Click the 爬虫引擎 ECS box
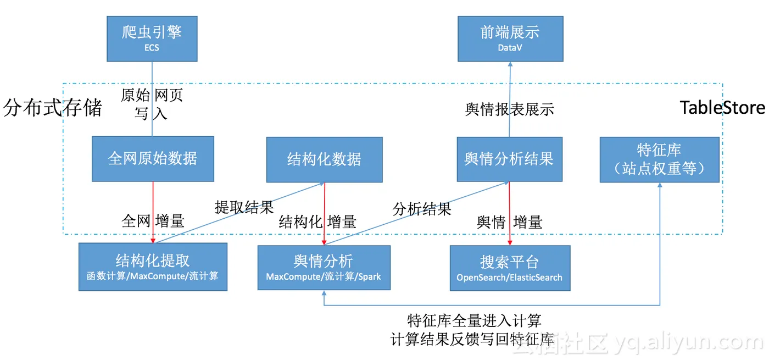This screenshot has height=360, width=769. point(152,38)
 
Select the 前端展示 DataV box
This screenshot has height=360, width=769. point(510,38)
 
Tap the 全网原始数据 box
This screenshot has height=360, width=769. point(153,159)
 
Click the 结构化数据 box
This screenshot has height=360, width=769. point(324,160)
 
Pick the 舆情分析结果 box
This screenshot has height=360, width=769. point(509,159)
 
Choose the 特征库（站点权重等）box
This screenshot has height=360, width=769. point(659,159)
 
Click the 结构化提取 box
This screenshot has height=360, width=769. point(153,267)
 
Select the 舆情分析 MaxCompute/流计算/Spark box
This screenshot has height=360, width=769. point(324,268)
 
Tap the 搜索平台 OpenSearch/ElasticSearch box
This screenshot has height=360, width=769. point(510,268)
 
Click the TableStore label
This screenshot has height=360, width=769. point(722,108)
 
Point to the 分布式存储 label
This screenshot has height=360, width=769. point(53,108)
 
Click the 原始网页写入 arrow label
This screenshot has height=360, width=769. point(152,104)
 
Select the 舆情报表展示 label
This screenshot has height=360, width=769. point(509,109)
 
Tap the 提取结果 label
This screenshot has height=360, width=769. point(244,207)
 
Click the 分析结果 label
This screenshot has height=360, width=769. point(422,209)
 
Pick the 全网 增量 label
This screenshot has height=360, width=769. point(153,221)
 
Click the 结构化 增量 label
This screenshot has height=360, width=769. point(317,221)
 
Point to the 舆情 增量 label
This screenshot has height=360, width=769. point(509,222)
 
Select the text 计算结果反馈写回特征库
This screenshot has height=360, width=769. point(473,339)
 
